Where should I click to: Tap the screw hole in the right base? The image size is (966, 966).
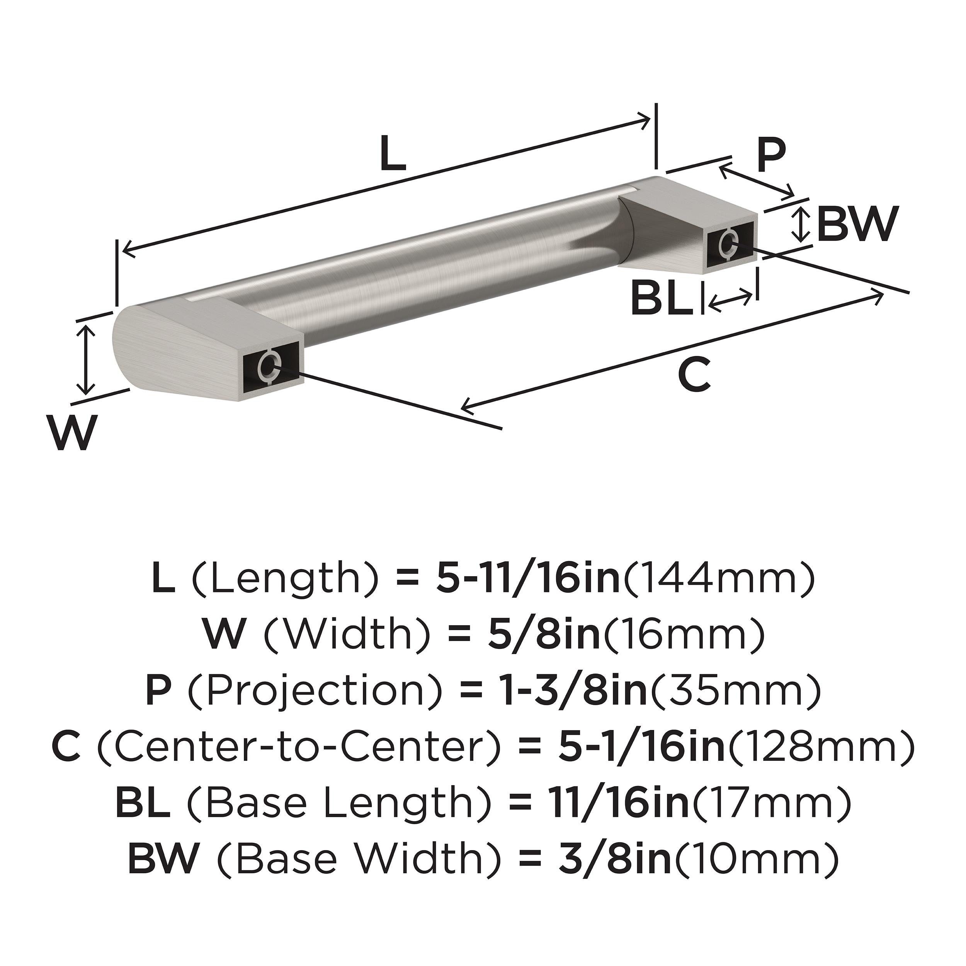728,243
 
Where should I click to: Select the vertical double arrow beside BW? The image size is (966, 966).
803,224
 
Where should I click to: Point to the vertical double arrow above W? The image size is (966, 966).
87,359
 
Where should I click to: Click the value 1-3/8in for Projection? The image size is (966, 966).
574,690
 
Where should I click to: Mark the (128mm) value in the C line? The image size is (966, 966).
820,747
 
